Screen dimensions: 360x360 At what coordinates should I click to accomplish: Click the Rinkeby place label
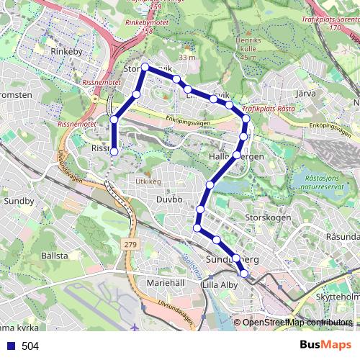[x=68, y=53]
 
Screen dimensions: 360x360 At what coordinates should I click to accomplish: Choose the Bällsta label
[x=54, y=256]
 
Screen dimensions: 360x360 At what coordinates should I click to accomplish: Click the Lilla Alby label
[x=222, y=285]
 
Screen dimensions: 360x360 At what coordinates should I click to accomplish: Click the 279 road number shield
[x=130, y=246]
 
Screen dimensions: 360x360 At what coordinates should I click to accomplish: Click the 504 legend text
[x=30, y=346]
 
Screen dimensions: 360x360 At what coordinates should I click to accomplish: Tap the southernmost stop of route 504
[x=244, y=274]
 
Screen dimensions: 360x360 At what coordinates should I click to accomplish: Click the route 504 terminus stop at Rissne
[x=114, y=151]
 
